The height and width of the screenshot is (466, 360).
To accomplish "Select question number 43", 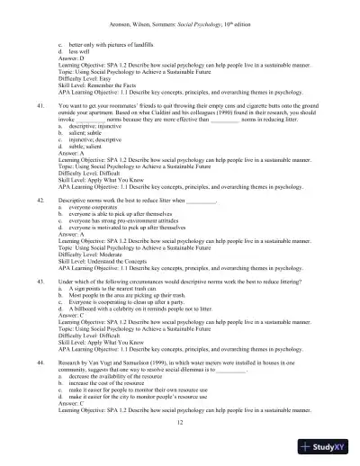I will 41,281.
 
